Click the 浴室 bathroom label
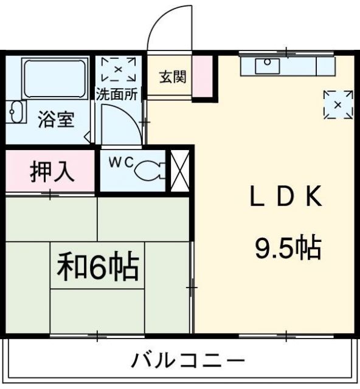click(x=57, y=120)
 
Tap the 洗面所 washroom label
click(x=118, y=94)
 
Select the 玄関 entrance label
click(x=173, y=77)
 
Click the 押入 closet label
click(x=52, y=172)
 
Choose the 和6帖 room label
click(x=97, y=267)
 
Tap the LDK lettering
click(x=286, y=198)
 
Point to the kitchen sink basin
click(x=266, y=66)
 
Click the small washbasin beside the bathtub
click(x=17, y=112)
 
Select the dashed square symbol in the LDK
click(x=338, y=105)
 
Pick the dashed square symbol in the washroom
click(x=119, y=69)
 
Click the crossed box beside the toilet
click(x=180, y=170)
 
